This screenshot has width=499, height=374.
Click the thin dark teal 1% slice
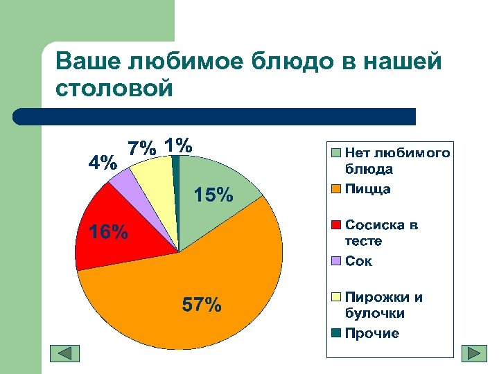(176, 173)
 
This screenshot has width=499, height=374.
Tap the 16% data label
(107, 232)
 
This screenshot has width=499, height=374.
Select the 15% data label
(213, 196)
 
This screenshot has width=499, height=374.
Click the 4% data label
(102, 163)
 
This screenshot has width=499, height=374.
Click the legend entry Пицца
(367, 188)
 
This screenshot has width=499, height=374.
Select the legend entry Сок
(358, 261)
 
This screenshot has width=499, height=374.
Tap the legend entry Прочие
(371, 333)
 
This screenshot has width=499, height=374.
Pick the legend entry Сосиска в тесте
(381, 233)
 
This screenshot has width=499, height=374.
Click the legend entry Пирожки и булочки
(383, 305)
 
